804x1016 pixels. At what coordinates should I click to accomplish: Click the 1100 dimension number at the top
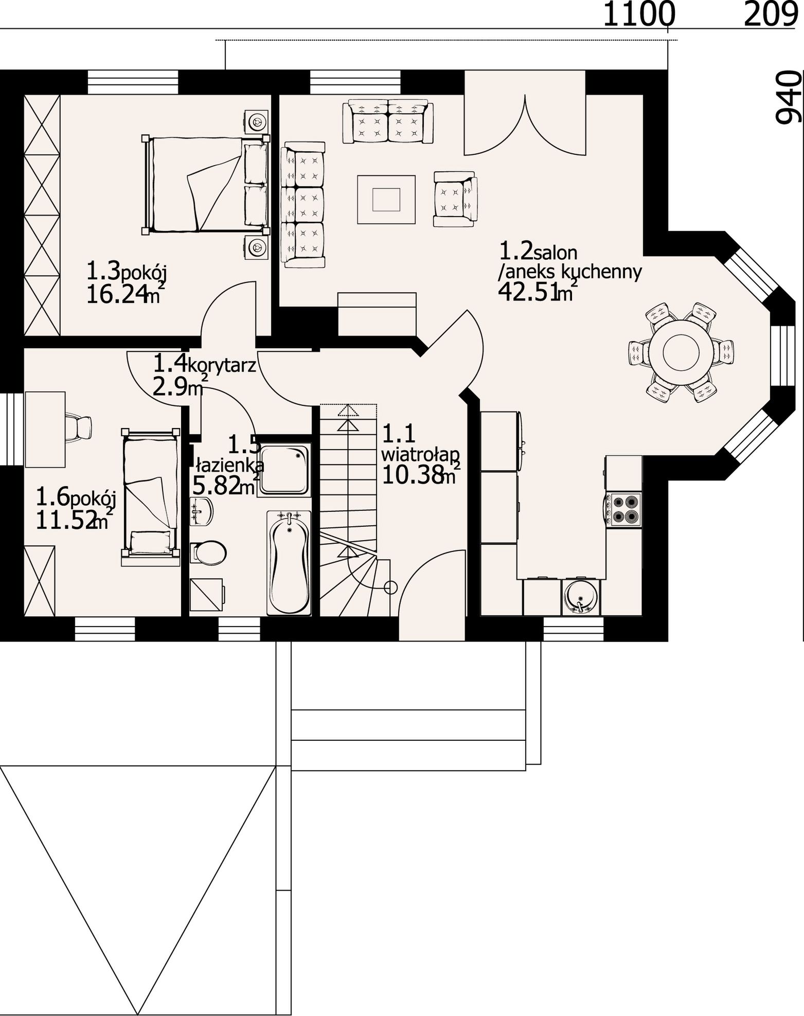click(638, 14)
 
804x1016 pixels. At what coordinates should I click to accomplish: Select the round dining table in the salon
click(680, 352)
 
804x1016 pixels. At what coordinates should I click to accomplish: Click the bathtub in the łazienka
click(289, 563)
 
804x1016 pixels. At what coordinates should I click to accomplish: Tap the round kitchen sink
click(581, 597)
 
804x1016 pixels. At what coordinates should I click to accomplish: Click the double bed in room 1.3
click(205, 184)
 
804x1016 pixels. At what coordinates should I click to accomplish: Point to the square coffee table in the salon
click(386, 199)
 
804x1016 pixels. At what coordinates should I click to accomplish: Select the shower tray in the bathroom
click(284, 469)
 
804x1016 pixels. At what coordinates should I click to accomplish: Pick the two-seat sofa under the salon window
click(388, 122)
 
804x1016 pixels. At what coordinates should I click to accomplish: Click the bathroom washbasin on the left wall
click(201, 511)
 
